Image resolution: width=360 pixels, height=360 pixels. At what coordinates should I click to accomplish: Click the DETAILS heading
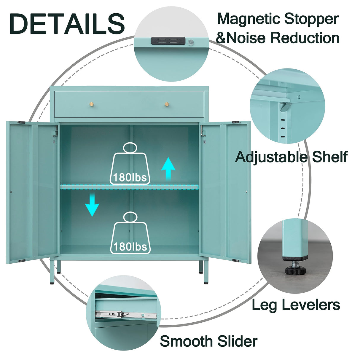[67, 24]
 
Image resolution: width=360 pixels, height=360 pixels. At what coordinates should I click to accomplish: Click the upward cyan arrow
[168, 168]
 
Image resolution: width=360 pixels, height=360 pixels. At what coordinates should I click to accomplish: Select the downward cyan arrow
[92, 205]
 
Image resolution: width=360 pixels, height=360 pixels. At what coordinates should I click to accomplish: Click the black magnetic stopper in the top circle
[168, 41]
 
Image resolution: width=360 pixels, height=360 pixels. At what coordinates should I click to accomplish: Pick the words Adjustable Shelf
[291, 157]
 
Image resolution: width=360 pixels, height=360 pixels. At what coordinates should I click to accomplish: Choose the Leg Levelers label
[296, 305]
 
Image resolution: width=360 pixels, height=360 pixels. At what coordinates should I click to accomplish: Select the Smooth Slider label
[208, 341]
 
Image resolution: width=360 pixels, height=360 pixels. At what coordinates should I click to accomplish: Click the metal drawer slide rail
[125, 314]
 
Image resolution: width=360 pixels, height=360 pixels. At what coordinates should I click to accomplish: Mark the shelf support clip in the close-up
[285, 106]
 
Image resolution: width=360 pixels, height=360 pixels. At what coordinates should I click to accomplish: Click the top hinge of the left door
[21, 122]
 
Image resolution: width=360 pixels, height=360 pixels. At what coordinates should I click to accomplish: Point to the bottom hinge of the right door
[236, 261]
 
